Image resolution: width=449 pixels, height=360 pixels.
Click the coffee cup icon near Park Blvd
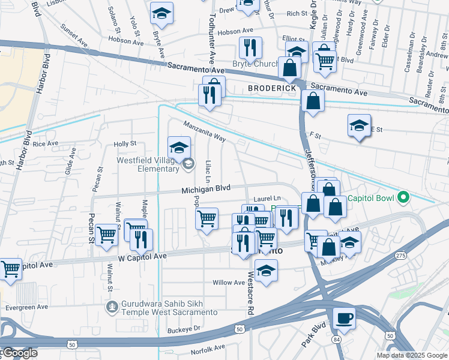(x=344, y=318)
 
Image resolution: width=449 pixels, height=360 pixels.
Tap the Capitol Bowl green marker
(x=404, y=197)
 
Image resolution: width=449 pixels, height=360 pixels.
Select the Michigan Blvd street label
(x=206, y=188)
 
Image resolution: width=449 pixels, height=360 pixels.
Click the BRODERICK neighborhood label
(x=272, y=88)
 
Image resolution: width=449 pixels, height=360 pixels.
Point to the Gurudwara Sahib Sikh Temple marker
(x=111, y=307)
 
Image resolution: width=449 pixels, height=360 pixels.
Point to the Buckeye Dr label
(x=184, y=329)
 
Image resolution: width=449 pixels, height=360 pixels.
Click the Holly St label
(x=125, y=143)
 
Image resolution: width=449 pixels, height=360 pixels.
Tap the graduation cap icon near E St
(x=359, y=125)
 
